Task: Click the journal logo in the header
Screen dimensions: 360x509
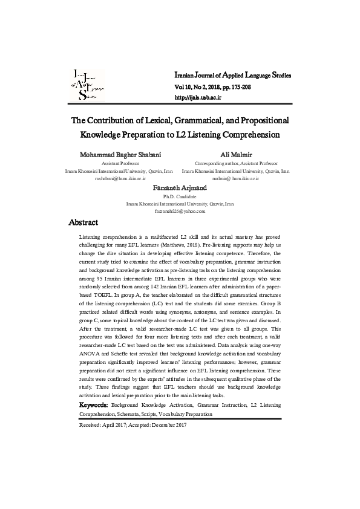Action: tap(88, 85)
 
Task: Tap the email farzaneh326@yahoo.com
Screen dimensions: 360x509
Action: tap(180, 212)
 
